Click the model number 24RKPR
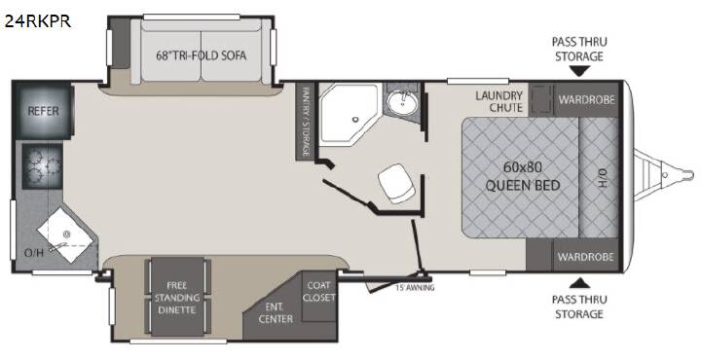click(38, 21)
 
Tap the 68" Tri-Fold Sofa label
click(202, 55)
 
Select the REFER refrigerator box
click(44, 111)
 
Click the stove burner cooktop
click(43, 165)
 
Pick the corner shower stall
click(348, 114)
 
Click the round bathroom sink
click(402, 104)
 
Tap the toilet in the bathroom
click(396, 183)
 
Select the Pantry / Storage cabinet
click(306, 121)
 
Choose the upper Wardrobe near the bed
click(586, 99)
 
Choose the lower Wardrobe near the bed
click(586, 257)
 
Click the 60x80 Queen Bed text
click(523, 176)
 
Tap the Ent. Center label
click(276, 312)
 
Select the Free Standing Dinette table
click(177, 298)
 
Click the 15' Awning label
click(415, 288)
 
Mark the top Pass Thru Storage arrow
click(579, 71)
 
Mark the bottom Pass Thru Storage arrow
click(579, 282)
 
